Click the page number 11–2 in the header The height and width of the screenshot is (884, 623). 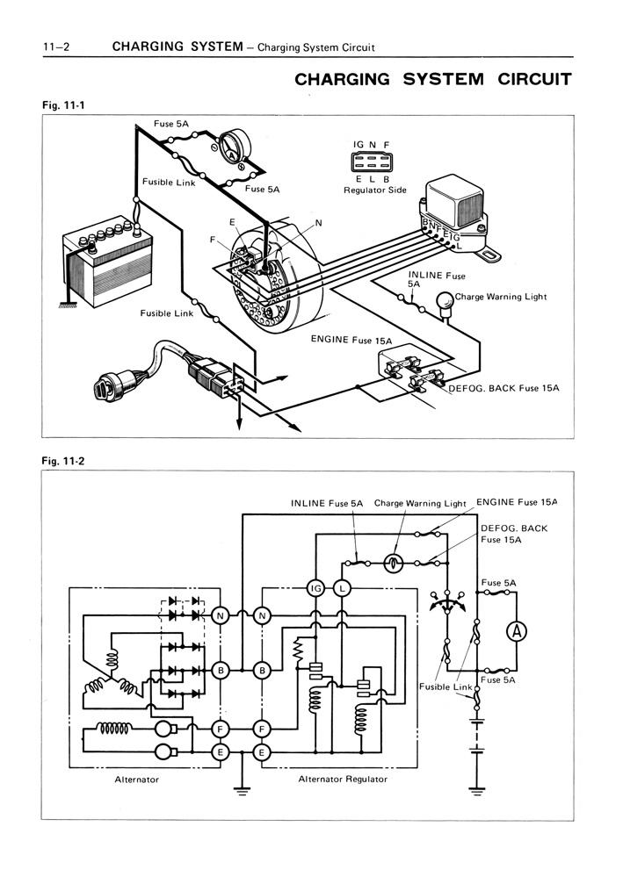point(56,47)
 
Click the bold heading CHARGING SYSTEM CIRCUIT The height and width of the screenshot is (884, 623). point(433,79)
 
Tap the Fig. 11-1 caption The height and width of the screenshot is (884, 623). point(64,104)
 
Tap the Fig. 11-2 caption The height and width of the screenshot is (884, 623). point(64,461)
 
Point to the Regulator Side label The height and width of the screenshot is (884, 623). point(375,190)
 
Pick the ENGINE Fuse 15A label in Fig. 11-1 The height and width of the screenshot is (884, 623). point(351,340)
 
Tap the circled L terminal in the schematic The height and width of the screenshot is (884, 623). point(342,589)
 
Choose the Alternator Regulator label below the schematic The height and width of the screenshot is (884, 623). point(343,780)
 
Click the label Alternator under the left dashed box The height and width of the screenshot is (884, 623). point(136,780)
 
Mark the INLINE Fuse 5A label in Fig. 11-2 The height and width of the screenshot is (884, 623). point(327,503)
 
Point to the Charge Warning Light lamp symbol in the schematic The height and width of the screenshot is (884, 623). point(393,564)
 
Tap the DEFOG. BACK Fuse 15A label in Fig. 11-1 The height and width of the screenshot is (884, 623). point(503,388)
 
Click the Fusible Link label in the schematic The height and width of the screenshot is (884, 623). point(446,686)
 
